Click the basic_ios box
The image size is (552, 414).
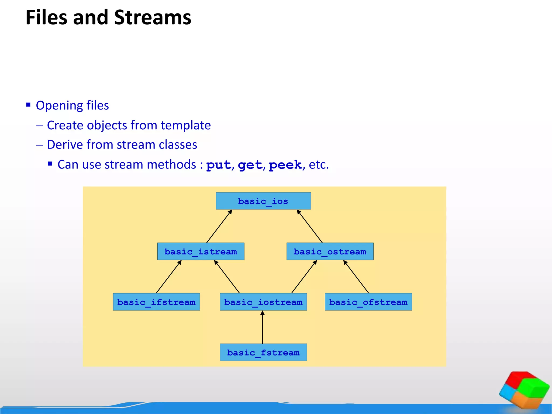coord(263,201)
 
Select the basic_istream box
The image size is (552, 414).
coord(201,251)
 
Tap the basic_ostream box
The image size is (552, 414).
coord(330,251)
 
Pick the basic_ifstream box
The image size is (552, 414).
coord(156,302)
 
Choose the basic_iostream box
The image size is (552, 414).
coord(263,302)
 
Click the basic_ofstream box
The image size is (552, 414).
coord(368,302)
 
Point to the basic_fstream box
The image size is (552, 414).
coord(263,352)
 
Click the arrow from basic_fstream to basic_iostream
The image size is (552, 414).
coord(262,327)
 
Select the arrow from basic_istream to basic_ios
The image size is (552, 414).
coord(219,226)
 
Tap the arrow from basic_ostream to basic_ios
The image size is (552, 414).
coord(310,226)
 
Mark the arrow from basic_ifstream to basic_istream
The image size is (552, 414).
coord(169,277)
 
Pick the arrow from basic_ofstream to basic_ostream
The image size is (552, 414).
coord(356,277)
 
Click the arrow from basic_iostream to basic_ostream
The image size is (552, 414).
coord(304,277)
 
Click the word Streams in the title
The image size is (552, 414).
coord(153,18)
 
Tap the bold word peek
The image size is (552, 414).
coord(285,165)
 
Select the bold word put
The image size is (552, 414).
coord(219,165)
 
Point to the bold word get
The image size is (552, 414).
coord(250,165)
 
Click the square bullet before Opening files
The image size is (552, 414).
coord(28,105)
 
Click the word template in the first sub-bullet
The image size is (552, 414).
coord(186,125)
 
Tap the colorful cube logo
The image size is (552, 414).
coord(524,389)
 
